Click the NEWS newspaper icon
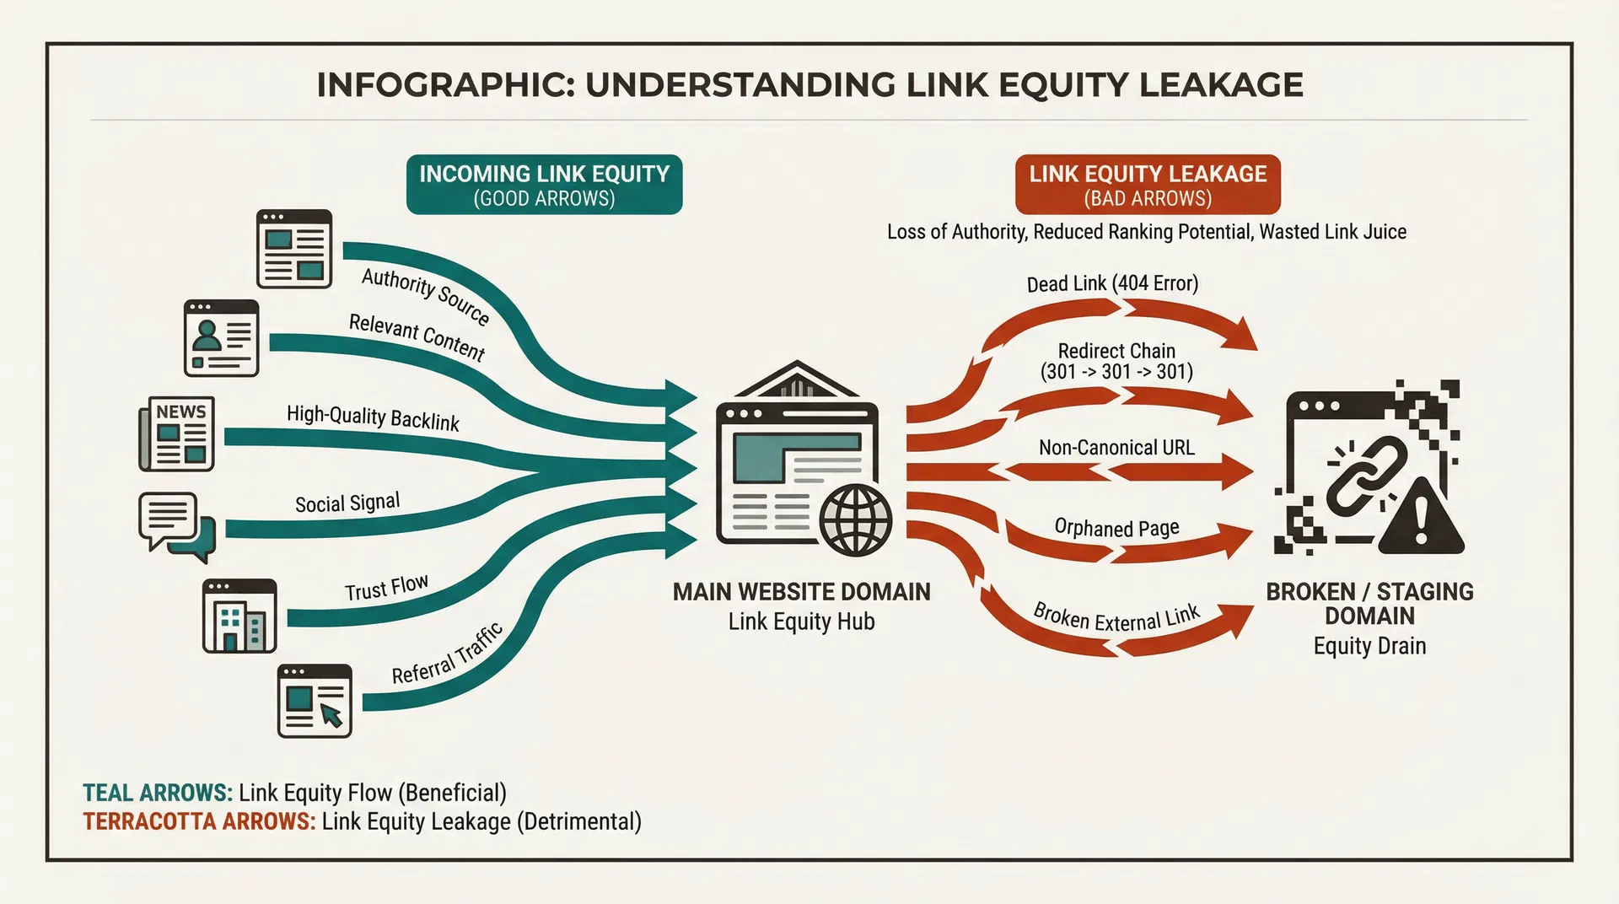coord(176,433)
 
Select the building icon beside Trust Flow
coord(239,616)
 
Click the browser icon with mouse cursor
coord(315,701)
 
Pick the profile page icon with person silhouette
coord(221,338)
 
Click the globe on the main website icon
coord(855,520)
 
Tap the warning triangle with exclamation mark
coord(1421,514)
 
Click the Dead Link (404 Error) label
coord(1112,284)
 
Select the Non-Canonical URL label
coord(1116,448)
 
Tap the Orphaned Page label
coord(1116,528)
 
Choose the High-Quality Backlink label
coord(373,417)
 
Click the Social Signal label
coord(347,503)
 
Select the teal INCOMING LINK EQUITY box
coord(544,185)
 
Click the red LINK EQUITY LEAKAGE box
coord(1148,185)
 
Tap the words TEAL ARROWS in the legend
coord(157,793)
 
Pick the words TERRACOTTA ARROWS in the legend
coord(199,821)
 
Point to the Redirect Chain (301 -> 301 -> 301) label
coord(1116,361)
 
